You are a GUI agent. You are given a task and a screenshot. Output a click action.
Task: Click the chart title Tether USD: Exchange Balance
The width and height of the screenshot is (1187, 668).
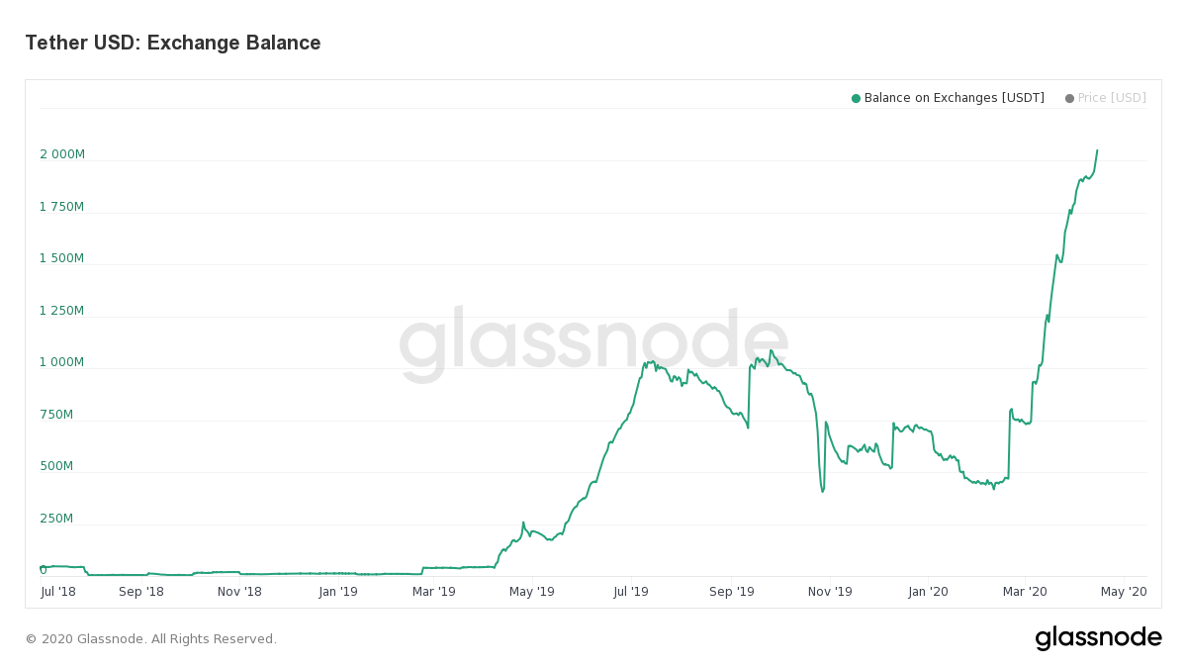pyautogui.click(x=173, y=44)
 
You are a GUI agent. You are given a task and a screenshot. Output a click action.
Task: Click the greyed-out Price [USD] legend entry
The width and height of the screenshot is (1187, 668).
pyautogui.click(x=1112, y=98)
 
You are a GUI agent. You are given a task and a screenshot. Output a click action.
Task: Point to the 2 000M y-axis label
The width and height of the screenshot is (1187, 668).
pyautogui.click(x=62, y=154)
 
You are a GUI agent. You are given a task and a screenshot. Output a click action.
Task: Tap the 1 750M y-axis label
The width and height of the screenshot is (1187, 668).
pyautogui.click(x=62, y=207)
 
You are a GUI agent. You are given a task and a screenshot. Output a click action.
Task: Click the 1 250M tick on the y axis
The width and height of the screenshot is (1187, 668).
pyautogui.click(x=62, y=311)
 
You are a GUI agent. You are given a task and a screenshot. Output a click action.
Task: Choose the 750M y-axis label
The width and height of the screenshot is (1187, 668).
pyautogui.click(x=55, y=415)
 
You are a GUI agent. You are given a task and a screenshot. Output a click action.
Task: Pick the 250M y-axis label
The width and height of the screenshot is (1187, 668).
pyautogui.click(x=55, y=519)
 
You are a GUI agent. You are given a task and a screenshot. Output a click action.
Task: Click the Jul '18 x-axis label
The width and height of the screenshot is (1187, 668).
pyautogui.click(x=58, y=592)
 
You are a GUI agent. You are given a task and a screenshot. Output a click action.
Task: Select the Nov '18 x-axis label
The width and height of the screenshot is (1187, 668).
pyautogui.click(x=239, y=592)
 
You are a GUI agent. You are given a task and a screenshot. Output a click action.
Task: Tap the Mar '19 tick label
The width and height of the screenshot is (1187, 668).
pyautogui.click(x=433, y=592)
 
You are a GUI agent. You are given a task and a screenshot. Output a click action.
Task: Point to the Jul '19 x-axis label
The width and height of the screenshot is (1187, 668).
pyautogui.click(x=630, y=592)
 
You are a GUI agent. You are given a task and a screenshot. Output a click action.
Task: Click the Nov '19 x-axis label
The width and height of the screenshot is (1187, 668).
pyautogui.click(x=830, y=592)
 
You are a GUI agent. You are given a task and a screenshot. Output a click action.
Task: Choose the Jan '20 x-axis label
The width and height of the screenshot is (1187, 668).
pyautogui.click(x=928, y=592)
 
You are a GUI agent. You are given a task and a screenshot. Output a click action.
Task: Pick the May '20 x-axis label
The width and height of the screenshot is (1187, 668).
pyautogui.click(x=1124, y=592)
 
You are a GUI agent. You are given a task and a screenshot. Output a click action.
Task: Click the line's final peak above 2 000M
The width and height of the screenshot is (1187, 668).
pyautogui.click(x=1097, y=150)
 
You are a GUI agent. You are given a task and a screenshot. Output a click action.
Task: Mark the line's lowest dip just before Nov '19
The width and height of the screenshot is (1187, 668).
pyautogui.click(x=822, y=492)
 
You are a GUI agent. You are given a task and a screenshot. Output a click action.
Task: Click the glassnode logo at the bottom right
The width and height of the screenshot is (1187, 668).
pyautogui.click(x=1098, y=638)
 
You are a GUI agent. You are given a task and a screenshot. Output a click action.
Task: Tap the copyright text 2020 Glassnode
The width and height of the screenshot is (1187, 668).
pyautogui.click(x=151, y=639)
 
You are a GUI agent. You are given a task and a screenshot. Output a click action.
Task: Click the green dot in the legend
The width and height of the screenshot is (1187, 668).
pyautogui.click(x=856, y=98)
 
